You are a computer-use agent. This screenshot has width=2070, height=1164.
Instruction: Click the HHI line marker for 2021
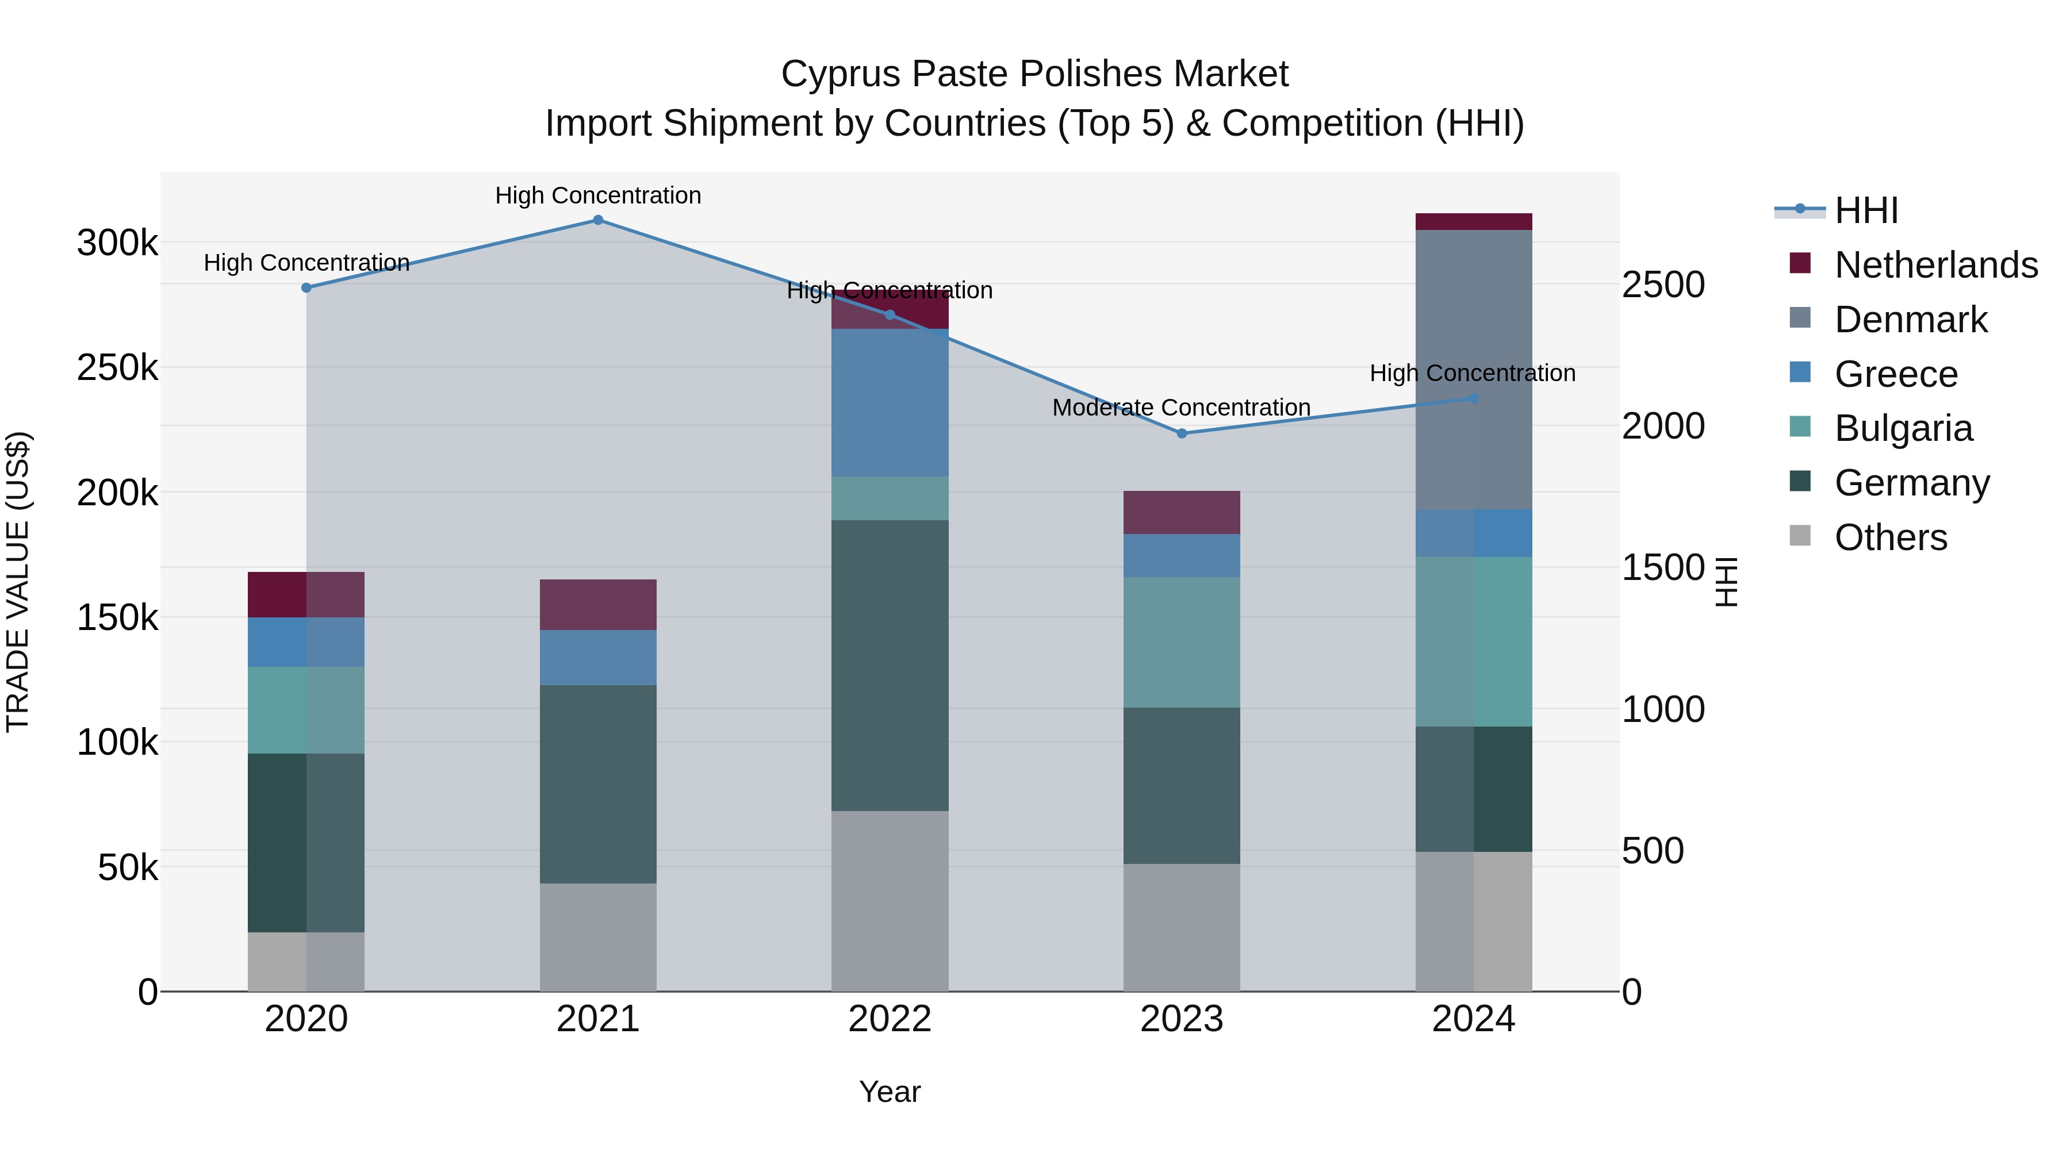(x=598, y=220)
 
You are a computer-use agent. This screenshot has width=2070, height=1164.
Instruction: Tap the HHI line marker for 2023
(x=1181, y=433)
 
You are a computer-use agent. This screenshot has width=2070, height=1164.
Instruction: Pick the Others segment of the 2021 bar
(x=598, y=937)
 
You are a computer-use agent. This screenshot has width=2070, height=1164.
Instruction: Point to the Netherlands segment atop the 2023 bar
(x=1181, y=513)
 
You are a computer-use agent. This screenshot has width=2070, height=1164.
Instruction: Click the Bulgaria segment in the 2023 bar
(x=1181, y=642)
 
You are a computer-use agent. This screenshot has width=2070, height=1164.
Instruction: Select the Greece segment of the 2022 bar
(x=890, y=402)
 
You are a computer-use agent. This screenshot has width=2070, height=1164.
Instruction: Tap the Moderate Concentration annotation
(x=1180, y=408)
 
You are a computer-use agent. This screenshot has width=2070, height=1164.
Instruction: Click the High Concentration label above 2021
(x=598, y=195)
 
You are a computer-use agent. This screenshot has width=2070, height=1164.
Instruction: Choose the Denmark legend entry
(x=1910, y=320)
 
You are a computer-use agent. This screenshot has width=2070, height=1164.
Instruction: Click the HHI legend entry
(x=1866, y=210)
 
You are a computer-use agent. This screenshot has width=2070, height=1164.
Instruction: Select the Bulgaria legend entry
(x=1903, y=428)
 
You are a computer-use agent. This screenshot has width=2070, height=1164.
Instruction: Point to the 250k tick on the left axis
(x=117, y=368)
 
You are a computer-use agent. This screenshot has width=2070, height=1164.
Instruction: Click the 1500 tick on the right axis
(x=1662, y=567)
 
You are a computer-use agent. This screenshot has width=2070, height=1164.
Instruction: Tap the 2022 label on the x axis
(x=890, y=1019)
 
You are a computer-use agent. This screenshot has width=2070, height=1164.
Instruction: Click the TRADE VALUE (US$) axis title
(x=18, y=582)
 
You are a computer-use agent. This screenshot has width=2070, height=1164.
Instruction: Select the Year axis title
(x=890, y=1092)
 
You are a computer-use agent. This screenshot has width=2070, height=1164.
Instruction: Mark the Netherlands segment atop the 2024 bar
(x=1473, y=222)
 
